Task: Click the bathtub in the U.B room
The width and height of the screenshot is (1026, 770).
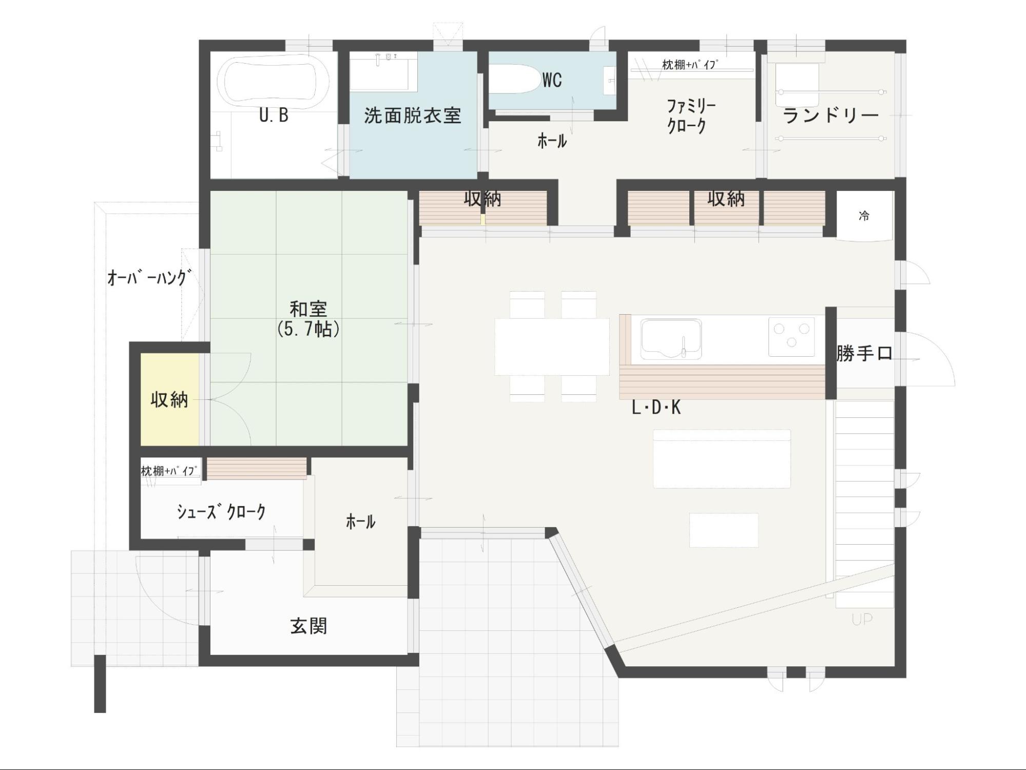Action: (273, 81)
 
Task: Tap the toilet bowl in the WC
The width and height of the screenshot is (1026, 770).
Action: (515, 79)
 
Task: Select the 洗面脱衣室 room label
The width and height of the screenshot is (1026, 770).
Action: (413, 115)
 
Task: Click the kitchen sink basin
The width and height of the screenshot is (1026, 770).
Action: (671, 339)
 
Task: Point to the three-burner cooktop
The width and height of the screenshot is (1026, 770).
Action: (791, 336)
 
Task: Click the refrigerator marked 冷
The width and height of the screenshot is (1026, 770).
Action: (864, 216)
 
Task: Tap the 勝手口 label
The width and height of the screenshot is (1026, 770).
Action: (864, 354)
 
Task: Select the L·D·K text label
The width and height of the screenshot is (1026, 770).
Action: (656, 408)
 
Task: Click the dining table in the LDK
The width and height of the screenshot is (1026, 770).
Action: (552, 347)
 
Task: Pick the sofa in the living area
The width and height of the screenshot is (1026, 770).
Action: (722, 458)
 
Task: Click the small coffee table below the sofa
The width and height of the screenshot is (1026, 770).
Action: (724, 530)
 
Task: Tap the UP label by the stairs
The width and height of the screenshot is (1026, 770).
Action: (862, 620)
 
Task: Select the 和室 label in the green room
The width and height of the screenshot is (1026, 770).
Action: (308, 309)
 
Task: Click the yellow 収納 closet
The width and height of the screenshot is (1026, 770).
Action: (169, 399)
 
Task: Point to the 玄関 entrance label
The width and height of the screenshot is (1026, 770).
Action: (308, 626)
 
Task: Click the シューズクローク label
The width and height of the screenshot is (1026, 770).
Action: (221, 512)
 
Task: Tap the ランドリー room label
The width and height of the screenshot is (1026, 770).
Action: (831, 116)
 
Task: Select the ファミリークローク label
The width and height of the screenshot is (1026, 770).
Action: (691, 117)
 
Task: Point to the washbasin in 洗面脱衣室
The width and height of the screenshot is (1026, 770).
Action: (383, 71)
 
